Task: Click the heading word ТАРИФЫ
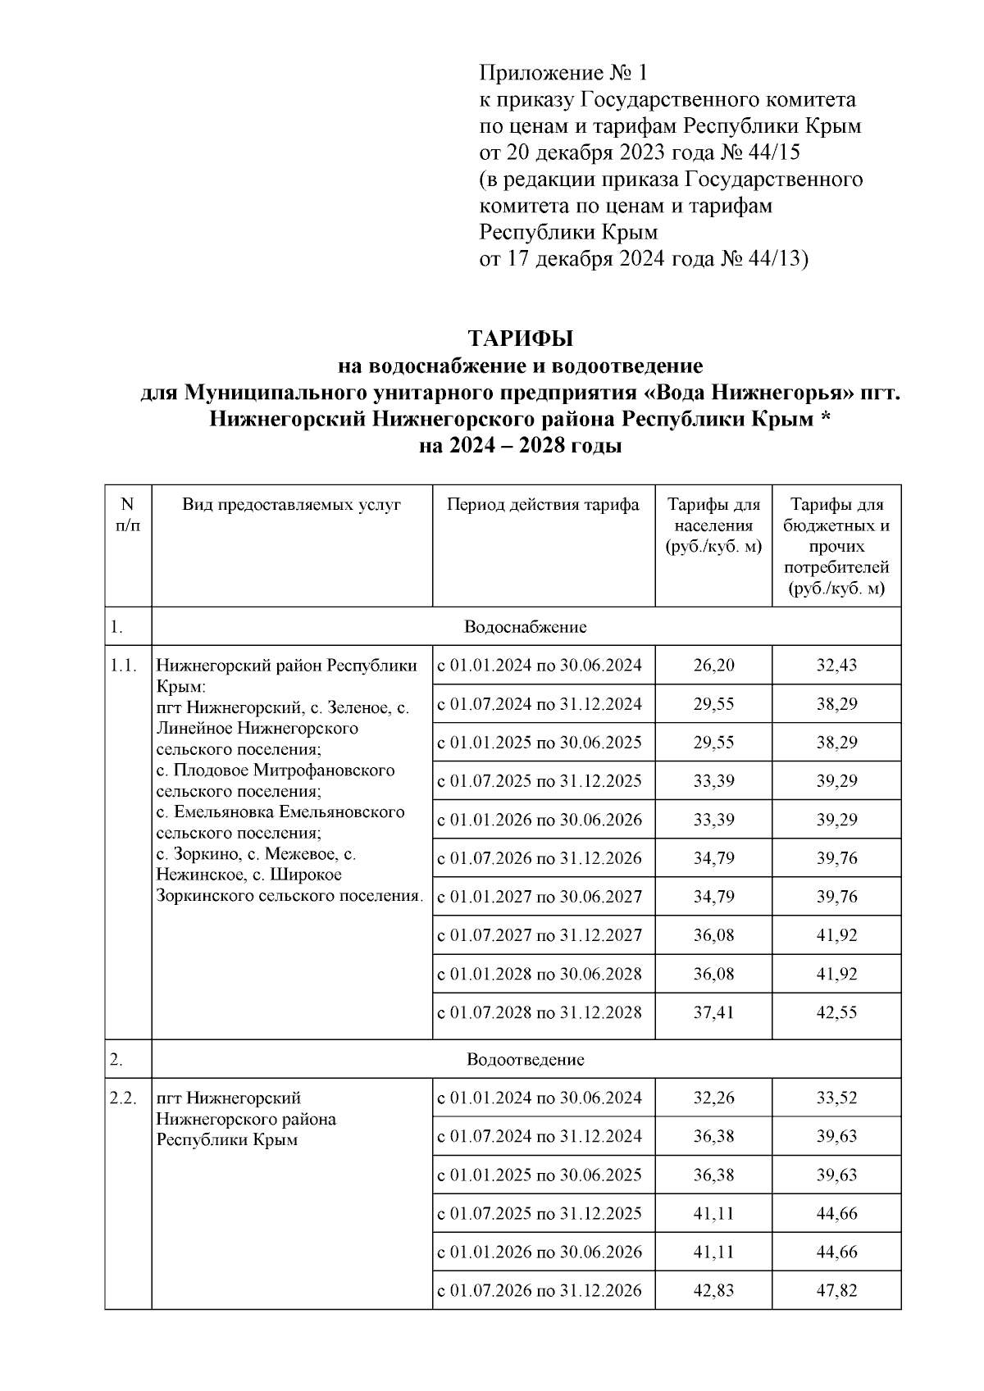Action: pyautogui.click(x=519, y=339)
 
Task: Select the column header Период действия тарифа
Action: pyautogui.click(x=543, y=505)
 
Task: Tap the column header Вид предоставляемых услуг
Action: pyautogui.click(x=291, y=505)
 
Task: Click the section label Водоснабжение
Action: pyautogui.click(x=525, y=627)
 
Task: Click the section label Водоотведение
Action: pyautogui.click(x=525, y=1059)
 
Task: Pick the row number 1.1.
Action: pyautogui.click(x=124, y=666)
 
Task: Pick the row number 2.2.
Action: pyautogui.click(x=124, y=1098)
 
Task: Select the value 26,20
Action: pyautogui.click(x=713, y=666)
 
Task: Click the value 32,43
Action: pyautogui.click(x=836, y=666)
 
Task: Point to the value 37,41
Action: pyautogui.click(x=713, y=1012)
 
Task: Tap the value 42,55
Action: pyautogui.click(x=836, y=1012)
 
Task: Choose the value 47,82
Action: pyautogui.click(x=836, y=1291)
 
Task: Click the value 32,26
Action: pyautogui.click(x=713, y=1098)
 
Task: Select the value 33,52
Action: pyautogui.click(x=836, y=1098)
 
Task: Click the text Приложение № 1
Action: pyautogui.click(x=563, y=74)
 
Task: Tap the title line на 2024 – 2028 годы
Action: pyautogui.click(x=520, y=447)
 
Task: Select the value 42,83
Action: pyautogui.click(x=713, y=1291)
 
